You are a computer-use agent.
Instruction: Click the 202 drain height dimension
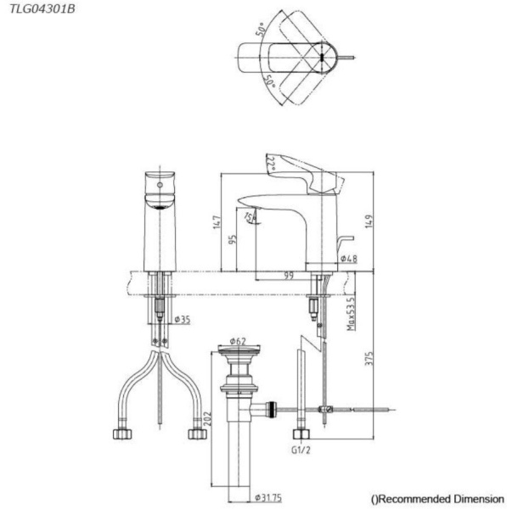coord(206,418)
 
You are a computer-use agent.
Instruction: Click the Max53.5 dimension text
coord(351,315)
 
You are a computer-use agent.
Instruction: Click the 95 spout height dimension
coord(234,240)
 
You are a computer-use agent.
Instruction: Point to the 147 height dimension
coord(217,222)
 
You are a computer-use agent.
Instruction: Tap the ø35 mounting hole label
coord(181,320)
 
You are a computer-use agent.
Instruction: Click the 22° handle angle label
coord(271,162)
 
